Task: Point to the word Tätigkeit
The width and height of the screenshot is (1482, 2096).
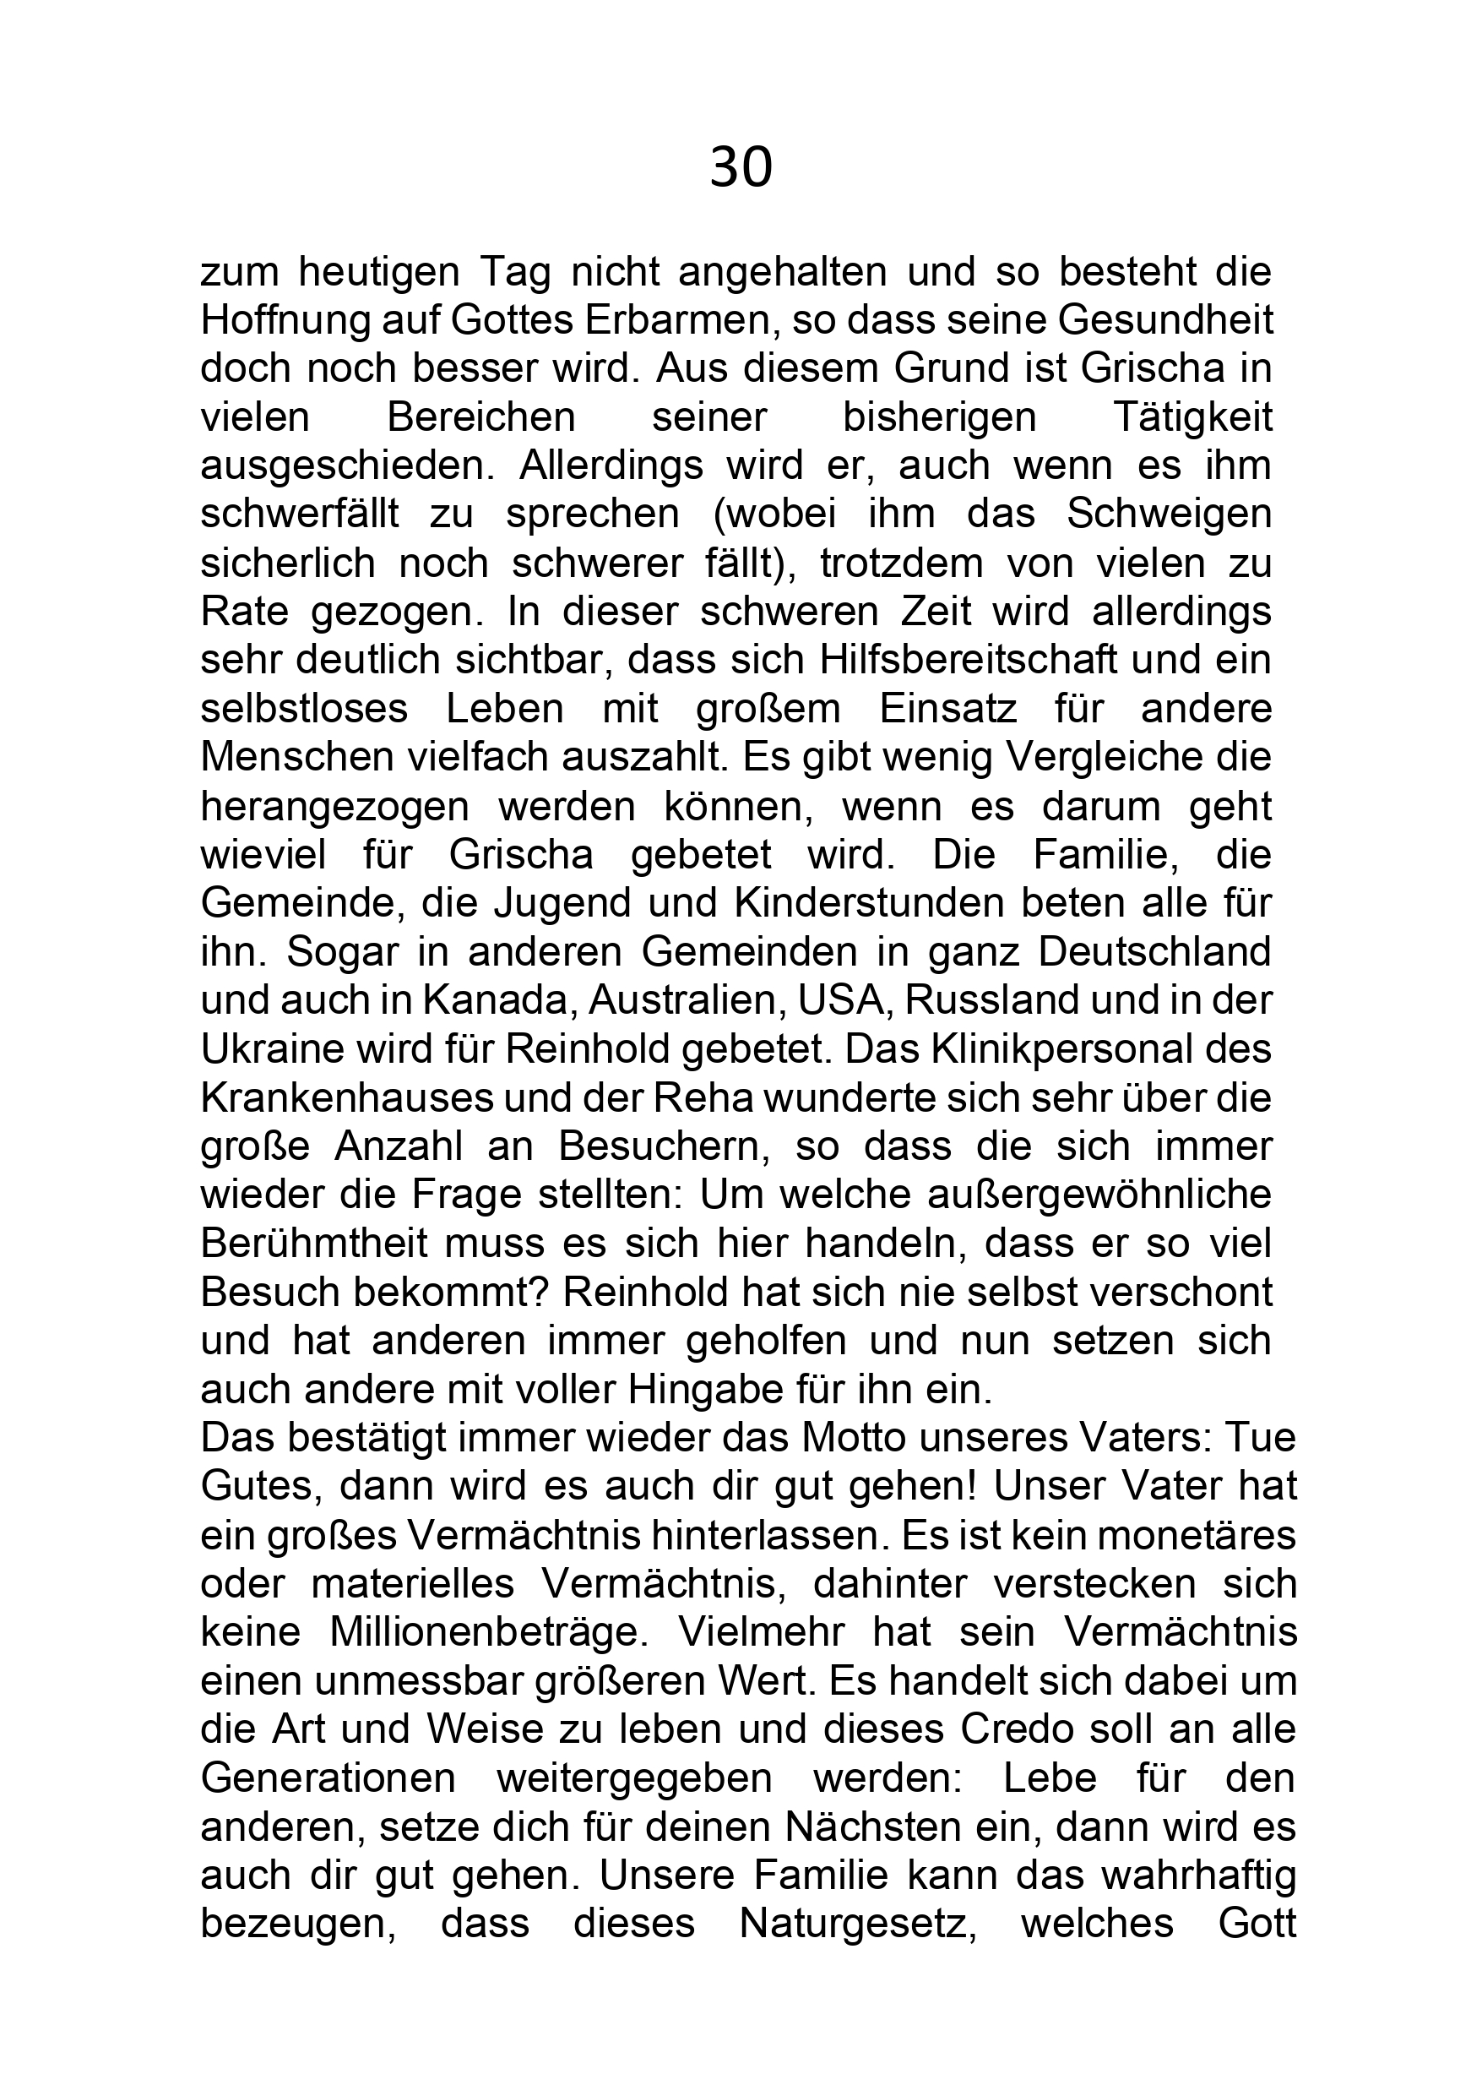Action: (x=1192, y=418)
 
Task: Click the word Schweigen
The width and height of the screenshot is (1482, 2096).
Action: (x=1168, y=514)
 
